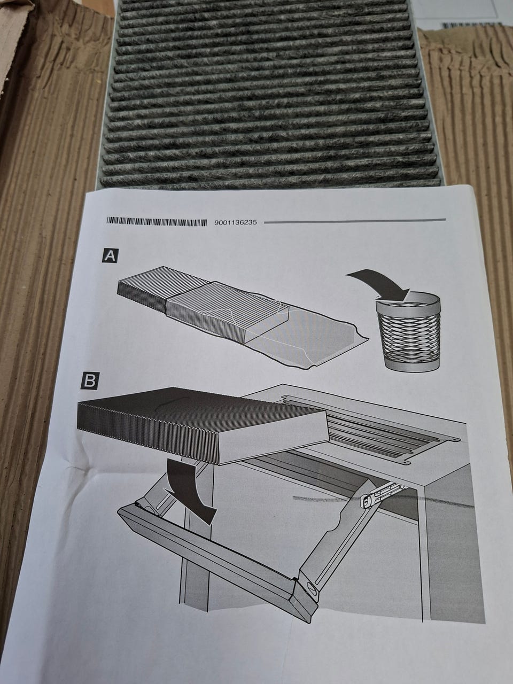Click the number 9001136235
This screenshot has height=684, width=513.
[x=236, y=222]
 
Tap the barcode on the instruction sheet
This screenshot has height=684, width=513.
[x=157, y=222]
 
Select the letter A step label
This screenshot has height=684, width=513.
[x=110, y=256]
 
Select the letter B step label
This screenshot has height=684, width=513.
[x=89, y=382]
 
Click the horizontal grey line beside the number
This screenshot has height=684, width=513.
[x=355, y=221]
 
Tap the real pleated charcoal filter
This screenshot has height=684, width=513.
[x=268, y=94]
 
